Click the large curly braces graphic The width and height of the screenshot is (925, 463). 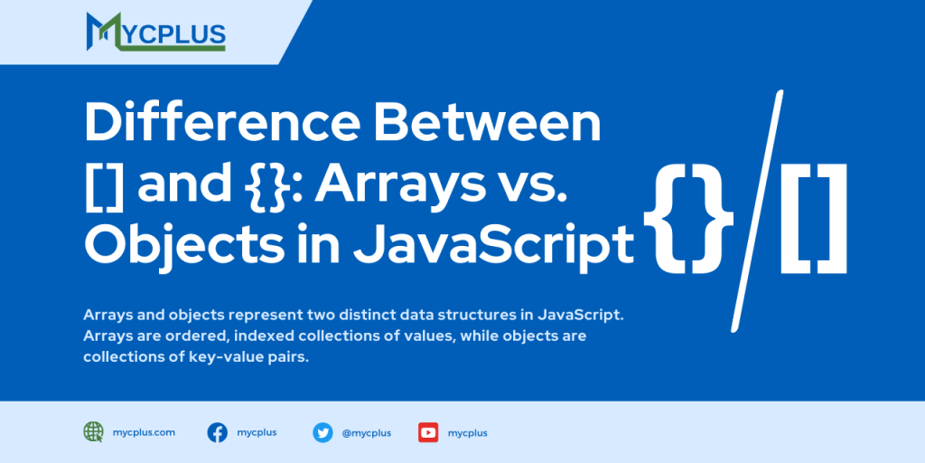point(689,218)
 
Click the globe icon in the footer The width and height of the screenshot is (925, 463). point(93,432)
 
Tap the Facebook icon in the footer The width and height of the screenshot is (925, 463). point(218,432)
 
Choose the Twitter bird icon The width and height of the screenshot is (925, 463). point(322,432)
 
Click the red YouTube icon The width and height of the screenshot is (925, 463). point(428,432)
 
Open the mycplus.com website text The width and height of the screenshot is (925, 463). point(145,432)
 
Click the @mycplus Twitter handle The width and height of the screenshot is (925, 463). point(367,432)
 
